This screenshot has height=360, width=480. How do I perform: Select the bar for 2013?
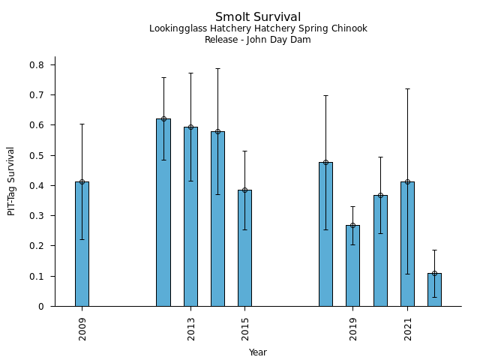coord(190,217)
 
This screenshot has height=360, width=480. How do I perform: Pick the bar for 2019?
coord(352,265)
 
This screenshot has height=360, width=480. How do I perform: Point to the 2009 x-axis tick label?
coord(82,328)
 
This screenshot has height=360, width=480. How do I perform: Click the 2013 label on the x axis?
coord(190,328)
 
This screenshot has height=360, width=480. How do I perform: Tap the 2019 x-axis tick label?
coord(352,328)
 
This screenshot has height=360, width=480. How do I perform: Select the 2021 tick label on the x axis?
coord(407,328)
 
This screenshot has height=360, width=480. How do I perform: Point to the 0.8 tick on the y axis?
coord(37,65)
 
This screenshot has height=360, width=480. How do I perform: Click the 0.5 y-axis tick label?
coord(37,156)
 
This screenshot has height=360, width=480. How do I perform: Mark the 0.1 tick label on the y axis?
coord(37,277)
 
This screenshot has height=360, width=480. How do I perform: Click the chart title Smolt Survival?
coord(258,17)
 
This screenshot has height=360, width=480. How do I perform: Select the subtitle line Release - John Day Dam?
coord(258,40)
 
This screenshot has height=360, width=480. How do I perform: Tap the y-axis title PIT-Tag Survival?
coord(11,181)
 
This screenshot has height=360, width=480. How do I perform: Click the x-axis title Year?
coord(258,352)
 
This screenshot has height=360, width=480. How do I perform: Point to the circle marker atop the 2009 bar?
coord(82,181)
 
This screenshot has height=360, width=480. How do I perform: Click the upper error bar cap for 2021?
coord(407,88)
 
